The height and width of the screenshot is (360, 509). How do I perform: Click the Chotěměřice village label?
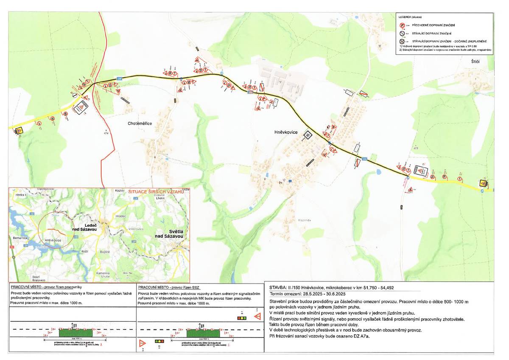coord(140,123)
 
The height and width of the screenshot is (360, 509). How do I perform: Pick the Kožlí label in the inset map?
coord(84,252)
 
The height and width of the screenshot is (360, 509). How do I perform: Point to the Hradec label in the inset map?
coord(120,216)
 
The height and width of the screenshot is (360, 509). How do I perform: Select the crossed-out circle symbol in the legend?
coord(403,41)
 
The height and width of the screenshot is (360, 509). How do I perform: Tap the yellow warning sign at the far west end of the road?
coord(19,131)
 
